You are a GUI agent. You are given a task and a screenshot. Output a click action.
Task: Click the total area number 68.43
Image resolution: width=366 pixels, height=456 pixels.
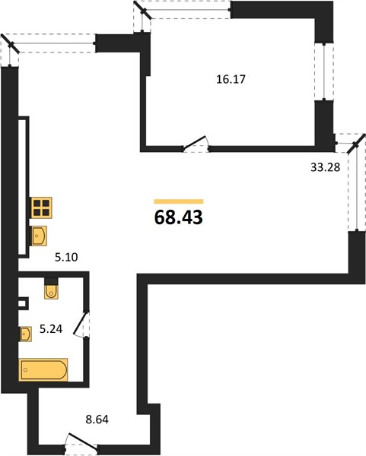(x=179, y=217)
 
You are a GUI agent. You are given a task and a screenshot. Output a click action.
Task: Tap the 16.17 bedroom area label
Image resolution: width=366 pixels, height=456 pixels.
(x=231, y=79)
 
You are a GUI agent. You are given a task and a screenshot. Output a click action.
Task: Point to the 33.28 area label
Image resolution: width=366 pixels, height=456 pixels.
(x=325, y=167)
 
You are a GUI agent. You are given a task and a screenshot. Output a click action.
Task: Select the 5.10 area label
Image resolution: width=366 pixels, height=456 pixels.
(x=66, y=257)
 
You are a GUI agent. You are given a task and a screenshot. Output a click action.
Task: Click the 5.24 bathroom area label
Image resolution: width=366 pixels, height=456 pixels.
(x=51, y=329)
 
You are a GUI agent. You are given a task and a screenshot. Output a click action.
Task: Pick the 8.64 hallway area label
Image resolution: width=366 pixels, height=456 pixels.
(x=97, y=420)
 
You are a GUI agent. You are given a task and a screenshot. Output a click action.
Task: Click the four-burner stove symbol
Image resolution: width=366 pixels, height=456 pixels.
(x=42, y=207)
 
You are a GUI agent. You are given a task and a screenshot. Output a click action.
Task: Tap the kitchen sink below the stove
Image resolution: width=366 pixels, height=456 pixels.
(x=40, y=236)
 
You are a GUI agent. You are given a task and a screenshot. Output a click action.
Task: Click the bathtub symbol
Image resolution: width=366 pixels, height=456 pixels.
(x=43, y=369)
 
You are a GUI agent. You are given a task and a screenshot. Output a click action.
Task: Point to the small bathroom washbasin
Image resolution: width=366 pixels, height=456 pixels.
(x=26, y=334)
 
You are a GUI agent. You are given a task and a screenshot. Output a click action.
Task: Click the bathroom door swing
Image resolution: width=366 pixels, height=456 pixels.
(x=81, y=325)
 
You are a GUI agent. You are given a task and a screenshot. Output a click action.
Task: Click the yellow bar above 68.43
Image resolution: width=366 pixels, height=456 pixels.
(x=179, y=201)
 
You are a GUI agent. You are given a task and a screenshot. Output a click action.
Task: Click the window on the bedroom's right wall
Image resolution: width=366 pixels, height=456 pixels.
(x=324, y=72)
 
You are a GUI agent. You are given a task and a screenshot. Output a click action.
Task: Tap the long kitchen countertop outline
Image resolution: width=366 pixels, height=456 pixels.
(x=24, y=187)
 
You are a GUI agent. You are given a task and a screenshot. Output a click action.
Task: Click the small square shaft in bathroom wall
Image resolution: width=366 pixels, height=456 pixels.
(x=23, y=303)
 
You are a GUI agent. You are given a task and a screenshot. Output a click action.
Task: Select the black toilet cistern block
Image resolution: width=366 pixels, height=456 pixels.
(x=51, y=281)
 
